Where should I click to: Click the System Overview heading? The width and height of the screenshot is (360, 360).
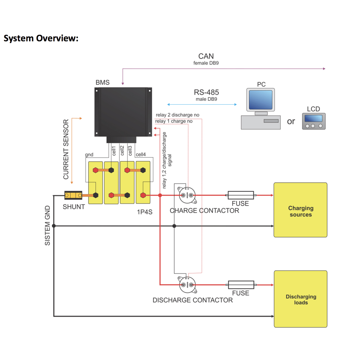41,38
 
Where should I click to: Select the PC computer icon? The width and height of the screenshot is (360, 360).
260,108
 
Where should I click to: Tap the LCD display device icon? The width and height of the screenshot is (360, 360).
314,121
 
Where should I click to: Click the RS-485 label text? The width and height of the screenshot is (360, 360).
206,92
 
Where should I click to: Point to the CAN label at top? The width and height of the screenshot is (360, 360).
206,56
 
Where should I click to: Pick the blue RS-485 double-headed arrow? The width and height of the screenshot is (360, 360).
202,104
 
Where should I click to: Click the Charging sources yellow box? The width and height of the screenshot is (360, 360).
300,210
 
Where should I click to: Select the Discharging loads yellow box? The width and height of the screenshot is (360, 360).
301,299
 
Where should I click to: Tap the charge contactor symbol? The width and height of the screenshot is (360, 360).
187,195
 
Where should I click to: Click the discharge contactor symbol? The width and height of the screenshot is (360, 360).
187,285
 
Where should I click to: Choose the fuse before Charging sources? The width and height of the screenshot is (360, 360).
240,195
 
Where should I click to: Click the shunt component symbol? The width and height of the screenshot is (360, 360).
73,195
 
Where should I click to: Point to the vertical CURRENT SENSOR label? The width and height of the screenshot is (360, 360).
66,149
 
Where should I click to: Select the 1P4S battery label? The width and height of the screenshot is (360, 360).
144,212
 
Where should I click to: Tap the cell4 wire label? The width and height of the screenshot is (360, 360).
140,154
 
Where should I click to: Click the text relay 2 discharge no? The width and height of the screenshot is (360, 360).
177,115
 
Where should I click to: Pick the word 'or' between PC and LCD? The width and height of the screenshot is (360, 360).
291,121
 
